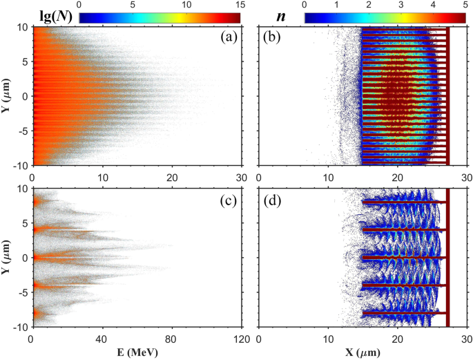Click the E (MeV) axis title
pos(135,352)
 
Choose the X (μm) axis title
pos(362,352)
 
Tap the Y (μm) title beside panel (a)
pos(8,96)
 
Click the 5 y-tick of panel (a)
pos(24,61)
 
